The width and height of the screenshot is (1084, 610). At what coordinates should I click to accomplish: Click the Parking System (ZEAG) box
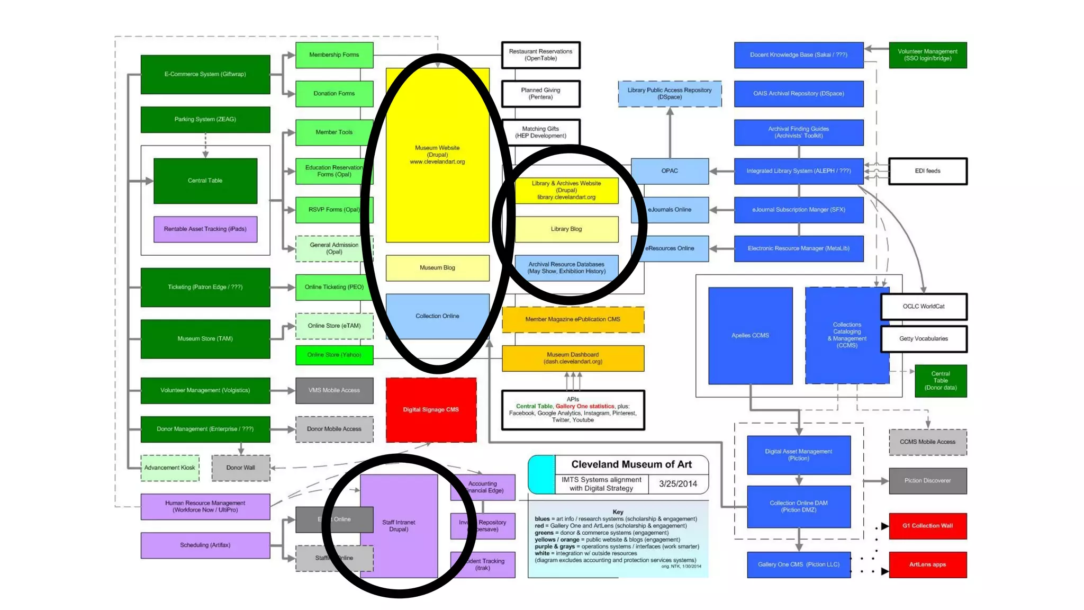[x=205, y=120]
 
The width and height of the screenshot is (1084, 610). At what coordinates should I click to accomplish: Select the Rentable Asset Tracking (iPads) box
[x=205, y=229]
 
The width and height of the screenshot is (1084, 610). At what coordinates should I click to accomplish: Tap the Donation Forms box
[x=334, y=94]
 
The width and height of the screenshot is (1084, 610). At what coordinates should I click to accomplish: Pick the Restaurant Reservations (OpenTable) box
[x=540, y=55]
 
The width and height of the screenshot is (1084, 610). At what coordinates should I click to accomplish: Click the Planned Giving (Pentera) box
[x=540, y=94]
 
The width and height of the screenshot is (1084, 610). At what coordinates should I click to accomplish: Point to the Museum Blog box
[x=437, y=268]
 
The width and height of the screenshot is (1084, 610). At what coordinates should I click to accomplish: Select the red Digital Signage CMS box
[x=431, y=410]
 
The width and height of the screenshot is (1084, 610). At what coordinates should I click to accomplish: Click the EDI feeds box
[x=927, y=171]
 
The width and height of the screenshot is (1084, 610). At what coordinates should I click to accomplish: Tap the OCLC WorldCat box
[x=924, y=307]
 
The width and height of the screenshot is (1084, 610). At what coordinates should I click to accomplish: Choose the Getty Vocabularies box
[x=924, y=339]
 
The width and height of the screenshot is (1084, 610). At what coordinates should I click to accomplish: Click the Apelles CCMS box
[x=750, y=336]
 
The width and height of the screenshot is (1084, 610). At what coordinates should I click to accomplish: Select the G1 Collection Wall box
[x=927, y=526]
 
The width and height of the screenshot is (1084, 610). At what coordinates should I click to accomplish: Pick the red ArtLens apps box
[x=927, y=564]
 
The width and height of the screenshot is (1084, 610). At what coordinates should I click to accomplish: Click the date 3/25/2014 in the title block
[x=678, y=484]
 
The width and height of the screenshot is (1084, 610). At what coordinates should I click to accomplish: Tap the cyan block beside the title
[x=541, y=474]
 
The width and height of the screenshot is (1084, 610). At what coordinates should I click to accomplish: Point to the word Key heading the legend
[x=618, y=512]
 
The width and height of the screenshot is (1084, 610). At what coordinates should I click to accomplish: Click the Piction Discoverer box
[x=927, y=481]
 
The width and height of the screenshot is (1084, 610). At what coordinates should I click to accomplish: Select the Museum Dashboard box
[x=573, y=358]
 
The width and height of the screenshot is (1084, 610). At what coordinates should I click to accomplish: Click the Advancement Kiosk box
[x=170, y=468]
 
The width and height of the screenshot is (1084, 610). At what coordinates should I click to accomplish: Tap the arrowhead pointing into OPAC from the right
[x=713, y=171]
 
